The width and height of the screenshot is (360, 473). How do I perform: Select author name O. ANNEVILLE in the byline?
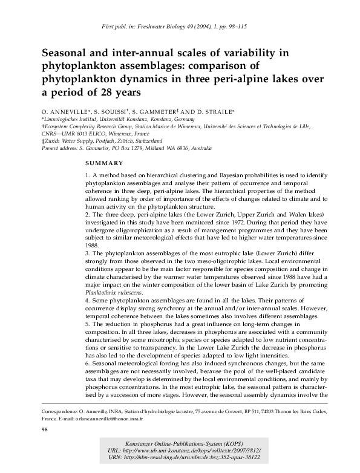coord(65,113)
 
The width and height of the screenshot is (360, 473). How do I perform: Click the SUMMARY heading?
coord(104,163)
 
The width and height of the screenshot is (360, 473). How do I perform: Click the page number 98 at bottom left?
coord(44,429)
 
